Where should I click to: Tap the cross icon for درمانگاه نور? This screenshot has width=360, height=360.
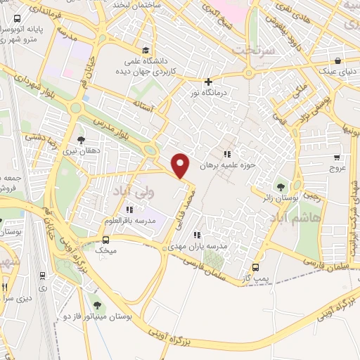(207, 82)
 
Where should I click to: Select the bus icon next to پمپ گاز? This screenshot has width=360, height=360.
(256, 267)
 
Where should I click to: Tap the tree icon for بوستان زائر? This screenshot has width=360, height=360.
(281, 187)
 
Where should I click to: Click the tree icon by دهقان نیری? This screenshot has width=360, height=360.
(81, 140)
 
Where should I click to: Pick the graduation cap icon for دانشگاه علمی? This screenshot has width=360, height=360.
(145, 50)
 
